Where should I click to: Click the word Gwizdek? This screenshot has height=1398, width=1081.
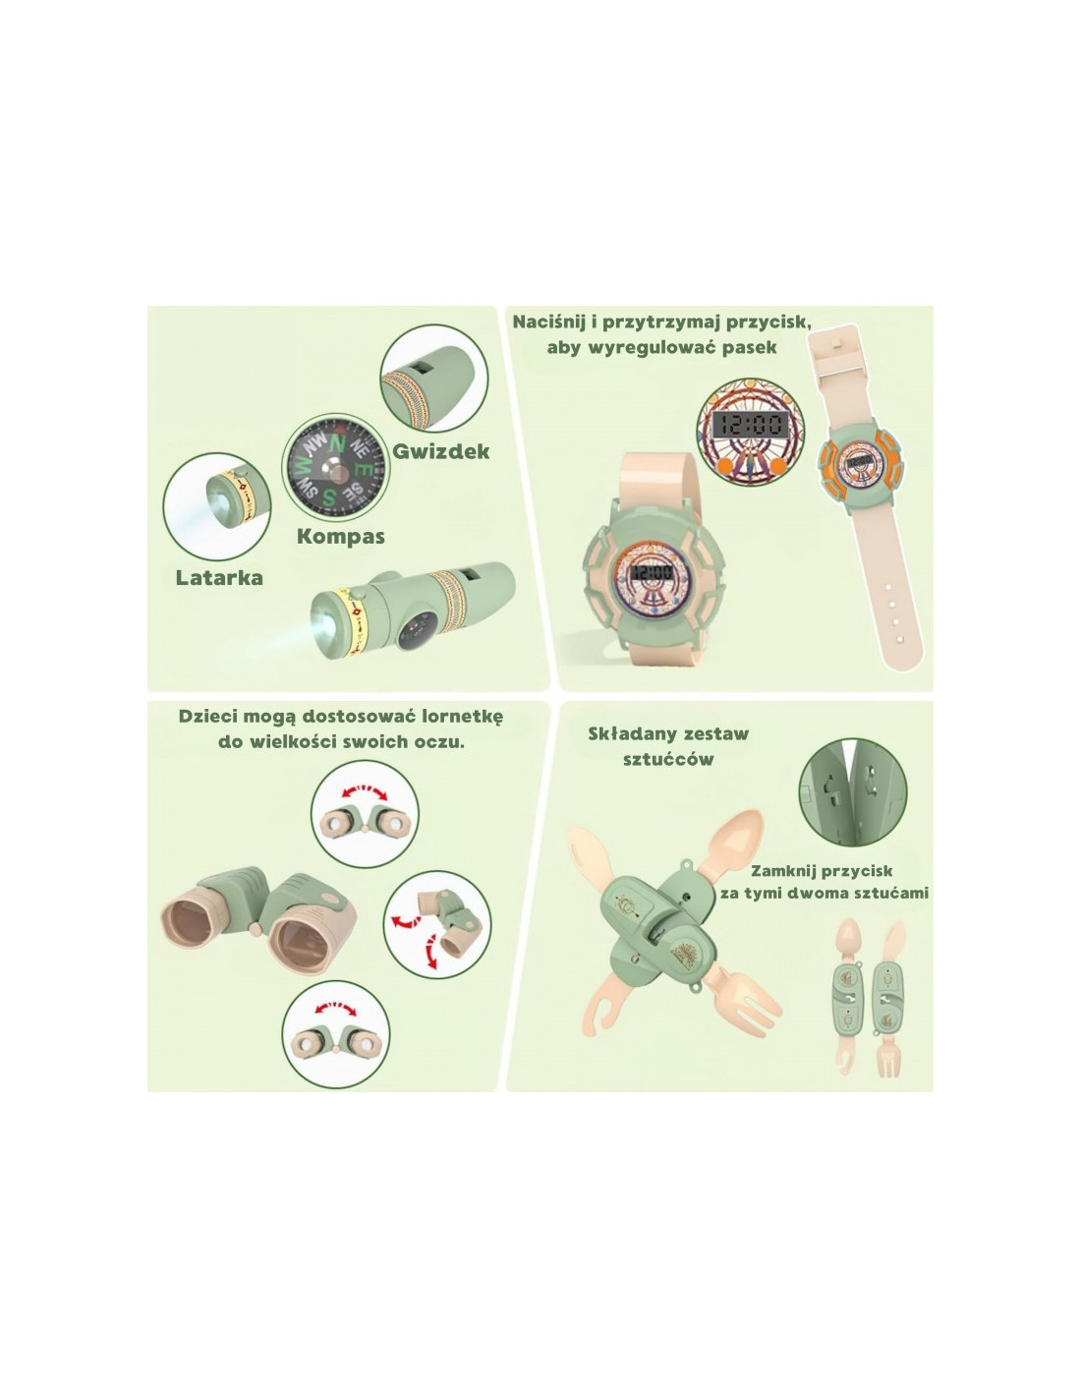440,451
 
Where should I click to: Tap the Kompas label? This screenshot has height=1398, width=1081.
341,536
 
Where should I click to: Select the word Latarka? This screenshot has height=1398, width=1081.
219,577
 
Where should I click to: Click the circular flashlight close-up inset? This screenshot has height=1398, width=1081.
217,507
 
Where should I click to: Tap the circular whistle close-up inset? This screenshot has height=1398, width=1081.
434,379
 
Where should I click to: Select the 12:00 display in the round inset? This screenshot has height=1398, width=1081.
751,424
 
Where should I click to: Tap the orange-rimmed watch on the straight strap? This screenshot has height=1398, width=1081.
859,463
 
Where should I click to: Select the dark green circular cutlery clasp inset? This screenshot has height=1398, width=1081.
853,792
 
